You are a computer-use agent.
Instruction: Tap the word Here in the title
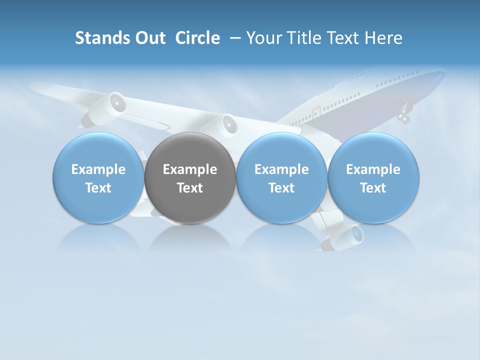[384, 38]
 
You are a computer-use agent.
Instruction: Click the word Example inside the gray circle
[190, 169]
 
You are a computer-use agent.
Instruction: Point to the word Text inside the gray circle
[190, 188]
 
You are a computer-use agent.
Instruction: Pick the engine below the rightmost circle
[354, 233]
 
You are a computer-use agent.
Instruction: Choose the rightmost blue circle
[373, 178]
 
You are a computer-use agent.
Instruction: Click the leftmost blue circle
[98, 178]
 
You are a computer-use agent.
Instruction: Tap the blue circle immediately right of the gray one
[281, 178]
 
